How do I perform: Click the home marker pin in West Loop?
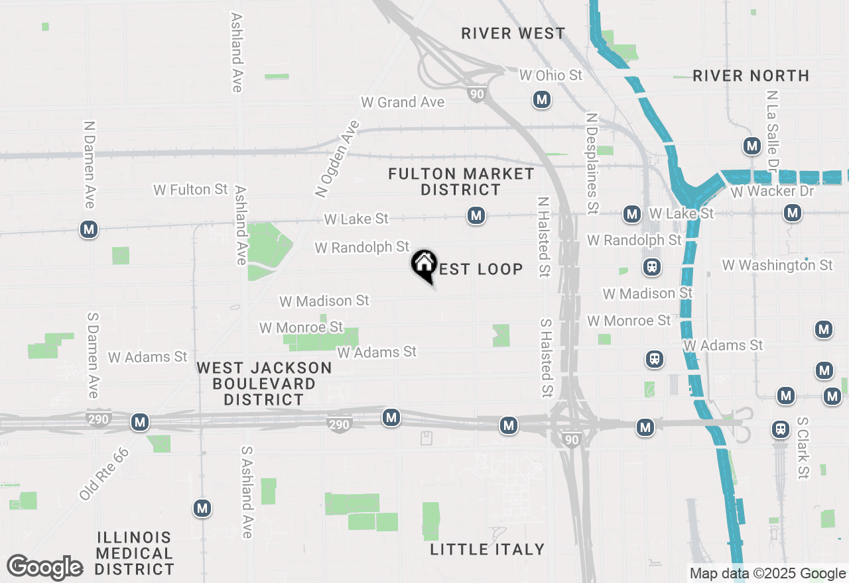424,265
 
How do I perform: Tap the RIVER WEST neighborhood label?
513,33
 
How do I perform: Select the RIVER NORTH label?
751,76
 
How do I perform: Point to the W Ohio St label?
551,75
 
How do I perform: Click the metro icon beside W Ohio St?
542,100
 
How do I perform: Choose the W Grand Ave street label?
403,102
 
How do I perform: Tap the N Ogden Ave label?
337,159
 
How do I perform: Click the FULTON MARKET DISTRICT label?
462,182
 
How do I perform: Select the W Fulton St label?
191,189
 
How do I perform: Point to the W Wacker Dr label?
771,191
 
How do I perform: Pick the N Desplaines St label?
592,163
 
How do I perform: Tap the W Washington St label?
777,265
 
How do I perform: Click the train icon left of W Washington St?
652,267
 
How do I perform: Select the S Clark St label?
803,457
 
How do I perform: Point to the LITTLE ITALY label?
488,549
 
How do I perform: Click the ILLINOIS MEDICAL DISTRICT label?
135,553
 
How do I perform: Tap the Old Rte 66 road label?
103,474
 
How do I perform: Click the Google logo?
45,567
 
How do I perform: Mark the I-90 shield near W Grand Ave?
477,95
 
